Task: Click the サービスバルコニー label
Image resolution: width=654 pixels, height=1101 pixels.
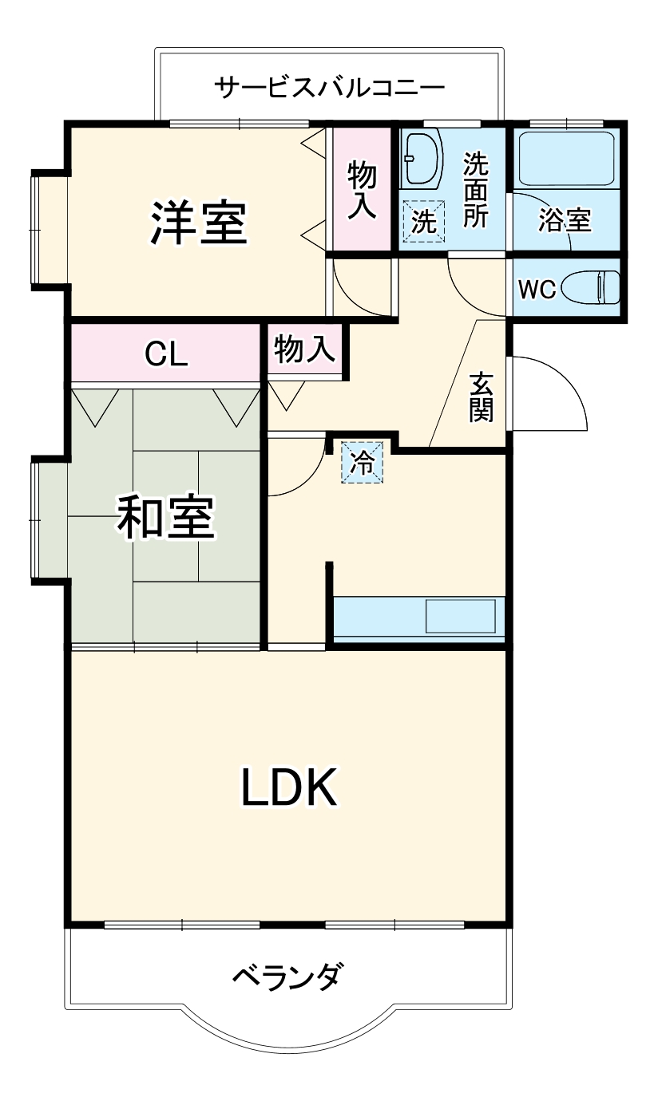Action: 330,86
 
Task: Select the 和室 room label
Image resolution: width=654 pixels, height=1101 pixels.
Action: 165,517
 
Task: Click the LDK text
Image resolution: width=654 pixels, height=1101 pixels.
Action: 289,787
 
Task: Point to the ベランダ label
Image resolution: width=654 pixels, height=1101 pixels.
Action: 289,975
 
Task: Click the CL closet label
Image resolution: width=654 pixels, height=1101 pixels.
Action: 166,353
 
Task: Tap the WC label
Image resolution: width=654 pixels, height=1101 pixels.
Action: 537,290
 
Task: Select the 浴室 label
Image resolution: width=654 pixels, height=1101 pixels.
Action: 565,220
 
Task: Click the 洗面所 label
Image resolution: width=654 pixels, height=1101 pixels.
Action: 476,190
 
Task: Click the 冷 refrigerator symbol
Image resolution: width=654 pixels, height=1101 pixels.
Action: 363,463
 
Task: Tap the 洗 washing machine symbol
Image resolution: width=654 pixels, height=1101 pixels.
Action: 423,220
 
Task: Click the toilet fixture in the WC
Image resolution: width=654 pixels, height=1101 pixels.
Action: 592,287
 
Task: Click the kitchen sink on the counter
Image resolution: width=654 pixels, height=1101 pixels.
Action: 460,615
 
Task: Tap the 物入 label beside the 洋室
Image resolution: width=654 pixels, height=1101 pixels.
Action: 362,190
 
